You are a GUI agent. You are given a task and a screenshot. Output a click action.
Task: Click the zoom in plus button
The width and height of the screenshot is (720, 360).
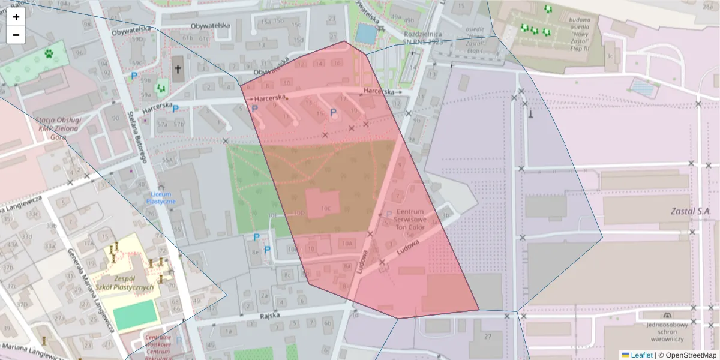(x=16, y=17)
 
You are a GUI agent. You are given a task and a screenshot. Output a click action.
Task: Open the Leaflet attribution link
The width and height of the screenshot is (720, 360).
(x=641, y=355)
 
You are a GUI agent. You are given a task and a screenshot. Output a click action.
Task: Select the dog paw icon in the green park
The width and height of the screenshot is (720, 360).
(x=48, y=55)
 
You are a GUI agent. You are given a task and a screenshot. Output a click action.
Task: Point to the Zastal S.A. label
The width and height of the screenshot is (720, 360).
(x=691, y=212)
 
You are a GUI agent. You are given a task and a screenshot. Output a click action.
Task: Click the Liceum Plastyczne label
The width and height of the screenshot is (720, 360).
(x=161, y=198)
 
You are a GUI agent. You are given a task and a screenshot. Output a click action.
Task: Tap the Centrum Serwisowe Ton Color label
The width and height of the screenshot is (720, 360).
(x=409, y=220)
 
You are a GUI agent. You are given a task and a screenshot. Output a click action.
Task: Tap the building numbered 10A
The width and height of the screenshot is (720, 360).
(x=346, y=243)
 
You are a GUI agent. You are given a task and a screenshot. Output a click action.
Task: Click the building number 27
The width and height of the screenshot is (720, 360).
(x=488, y=335)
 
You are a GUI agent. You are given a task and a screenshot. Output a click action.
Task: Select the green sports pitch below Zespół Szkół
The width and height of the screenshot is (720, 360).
(x=136, y=315)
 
